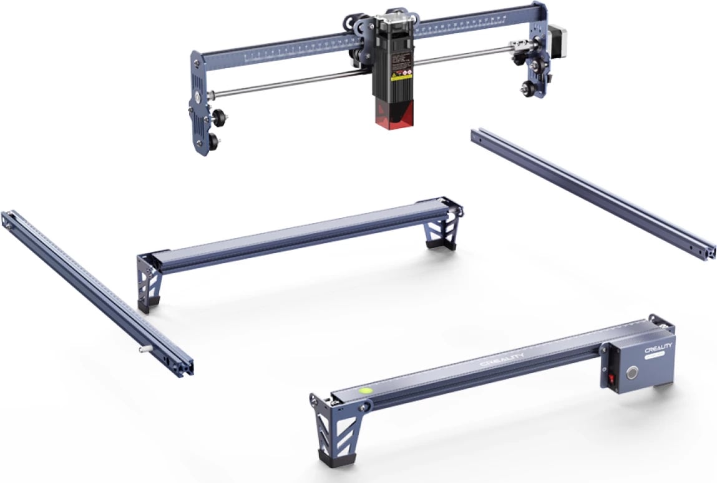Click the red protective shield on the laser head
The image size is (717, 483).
[x=391, y=116]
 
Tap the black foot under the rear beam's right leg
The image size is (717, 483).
[x=441, y=243]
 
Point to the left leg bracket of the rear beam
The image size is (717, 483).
[x=148, y=284]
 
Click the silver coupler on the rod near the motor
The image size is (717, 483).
[x=517, y=46]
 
